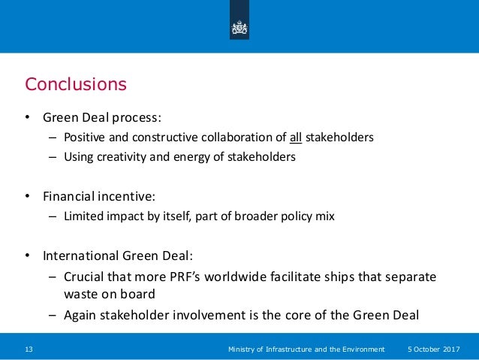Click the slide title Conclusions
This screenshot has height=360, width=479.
tap(76, 83)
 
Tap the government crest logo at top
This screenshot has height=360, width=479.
tap(239, 28)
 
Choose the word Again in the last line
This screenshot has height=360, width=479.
tap(85, 315)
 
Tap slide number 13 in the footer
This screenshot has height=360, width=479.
tap(30, 349)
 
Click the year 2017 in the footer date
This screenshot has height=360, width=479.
tap(453, 349)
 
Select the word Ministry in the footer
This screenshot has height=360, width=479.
tap(244, 349)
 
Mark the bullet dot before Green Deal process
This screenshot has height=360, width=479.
tap(28, 118)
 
